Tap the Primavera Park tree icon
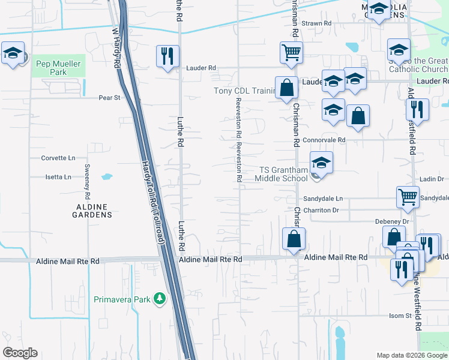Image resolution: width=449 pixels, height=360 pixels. point(159,298)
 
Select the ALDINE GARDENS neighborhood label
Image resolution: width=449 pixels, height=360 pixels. point(93,210)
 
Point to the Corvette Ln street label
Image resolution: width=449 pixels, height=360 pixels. point(58,158)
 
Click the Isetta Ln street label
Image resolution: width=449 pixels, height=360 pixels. point(58,177)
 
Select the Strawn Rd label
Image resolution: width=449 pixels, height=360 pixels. point(316,23)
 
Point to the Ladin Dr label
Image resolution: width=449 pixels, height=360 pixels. point(432,179)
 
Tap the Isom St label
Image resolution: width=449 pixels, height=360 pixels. point(399,315)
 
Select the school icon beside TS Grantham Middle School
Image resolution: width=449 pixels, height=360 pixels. point(321,164)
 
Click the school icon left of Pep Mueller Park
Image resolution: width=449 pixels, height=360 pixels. point(13,54)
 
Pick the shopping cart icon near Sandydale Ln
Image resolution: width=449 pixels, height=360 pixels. point(408,196)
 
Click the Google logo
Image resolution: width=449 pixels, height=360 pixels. point(20,353)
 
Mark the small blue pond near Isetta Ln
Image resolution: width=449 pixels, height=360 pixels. point(107,177)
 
